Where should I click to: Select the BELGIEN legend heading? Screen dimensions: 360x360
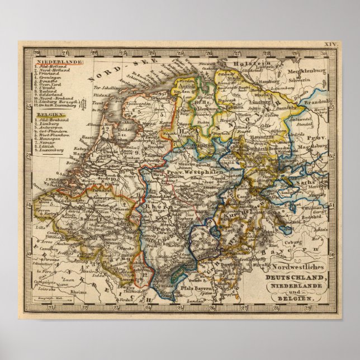click(x=48, y=113)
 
